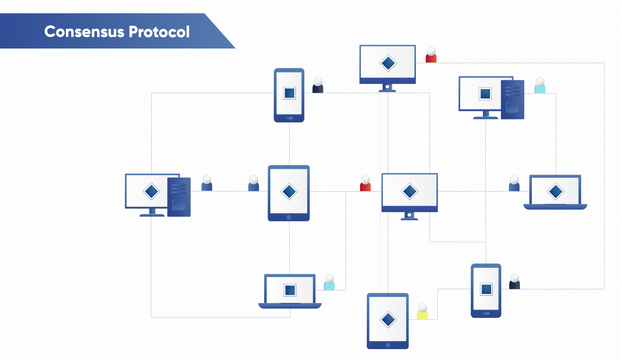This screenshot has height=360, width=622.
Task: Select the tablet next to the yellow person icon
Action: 388,321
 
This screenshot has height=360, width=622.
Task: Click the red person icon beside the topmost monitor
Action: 431,55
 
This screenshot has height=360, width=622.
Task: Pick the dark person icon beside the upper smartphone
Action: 318,85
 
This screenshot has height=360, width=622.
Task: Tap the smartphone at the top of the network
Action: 289,95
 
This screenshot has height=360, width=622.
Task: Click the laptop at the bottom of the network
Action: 290,291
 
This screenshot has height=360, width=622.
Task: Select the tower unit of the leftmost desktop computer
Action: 179,197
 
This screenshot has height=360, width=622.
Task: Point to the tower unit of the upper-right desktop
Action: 512,100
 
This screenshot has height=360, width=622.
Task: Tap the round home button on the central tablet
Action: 289,217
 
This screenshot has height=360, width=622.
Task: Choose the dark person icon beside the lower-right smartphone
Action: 515,282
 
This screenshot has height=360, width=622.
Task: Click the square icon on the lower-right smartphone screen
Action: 486,289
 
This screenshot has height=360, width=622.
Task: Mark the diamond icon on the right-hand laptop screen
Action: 555,191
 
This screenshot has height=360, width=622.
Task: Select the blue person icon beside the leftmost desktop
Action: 207,183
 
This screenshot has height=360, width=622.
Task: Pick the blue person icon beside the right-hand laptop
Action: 514,183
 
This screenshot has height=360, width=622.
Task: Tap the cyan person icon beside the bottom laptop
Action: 329,282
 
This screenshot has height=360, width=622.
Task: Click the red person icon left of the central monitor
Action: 365,184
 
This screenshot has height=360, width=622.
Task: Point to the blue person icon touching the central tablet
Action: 254,183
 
